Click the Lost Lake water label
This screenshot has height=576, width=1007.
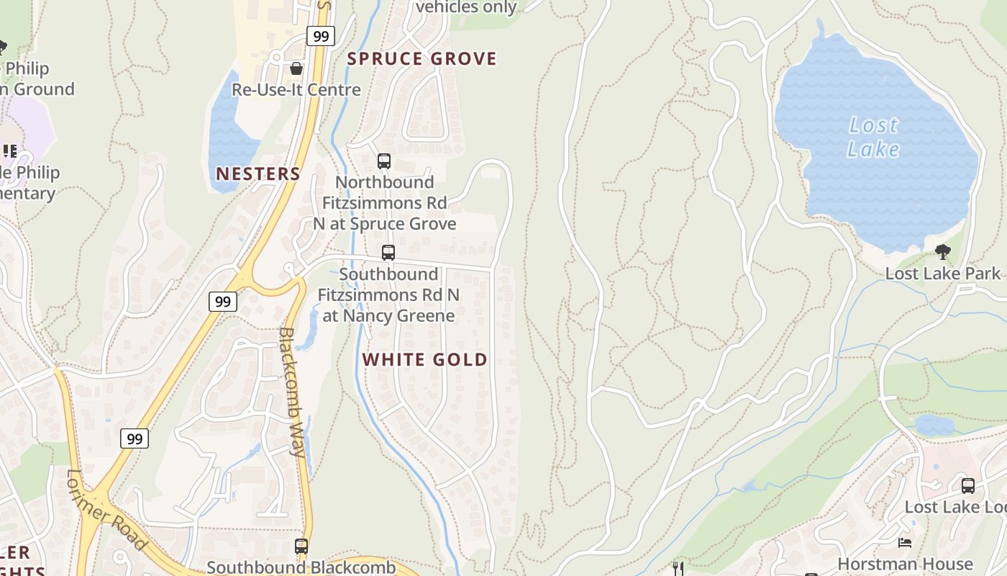[x=873, y=137]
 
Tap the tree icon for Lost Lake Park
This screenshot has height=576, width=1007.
[x=942, y=252]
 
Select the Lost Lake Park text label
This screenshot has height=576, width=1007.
[x=942, y=274]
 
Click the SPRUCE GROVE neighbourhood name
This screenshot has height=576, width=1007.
[x=422, y=59]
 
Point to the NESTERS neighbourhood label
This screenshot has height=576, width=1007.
[x=258, y=174]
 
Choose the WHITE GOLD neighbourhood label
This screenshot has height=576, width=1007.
[x=424, y=359]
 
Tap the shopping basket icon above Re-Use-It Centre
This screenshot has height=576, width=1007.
[x=296, y=69]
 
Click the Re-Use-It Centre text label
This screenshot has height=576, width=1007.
[x=296, y=90]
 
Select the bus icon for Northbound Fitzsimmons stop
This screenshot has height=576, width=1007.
[x=384, y=161]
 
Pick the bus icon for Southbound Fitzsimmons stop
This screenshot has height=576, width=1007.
[x=388, y=253]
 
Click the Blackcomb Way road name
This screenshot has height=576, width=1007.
[x=292, y=392]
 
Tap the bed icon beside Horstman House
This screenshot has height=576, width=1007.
[x=905, y=542]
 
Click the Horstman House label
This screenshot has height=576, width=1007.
[x=905, y=564]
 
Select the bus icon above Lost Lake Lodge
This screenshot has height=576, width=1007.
[x=968, y=486]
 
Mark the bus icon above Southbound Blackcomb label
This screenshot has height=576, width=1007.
[x=301, y=546]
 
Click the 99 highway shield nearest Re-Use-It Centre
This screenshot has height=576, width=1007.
[x=320, y=36]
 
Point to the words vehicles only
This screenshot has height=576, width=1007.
[x=466, y=7]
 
